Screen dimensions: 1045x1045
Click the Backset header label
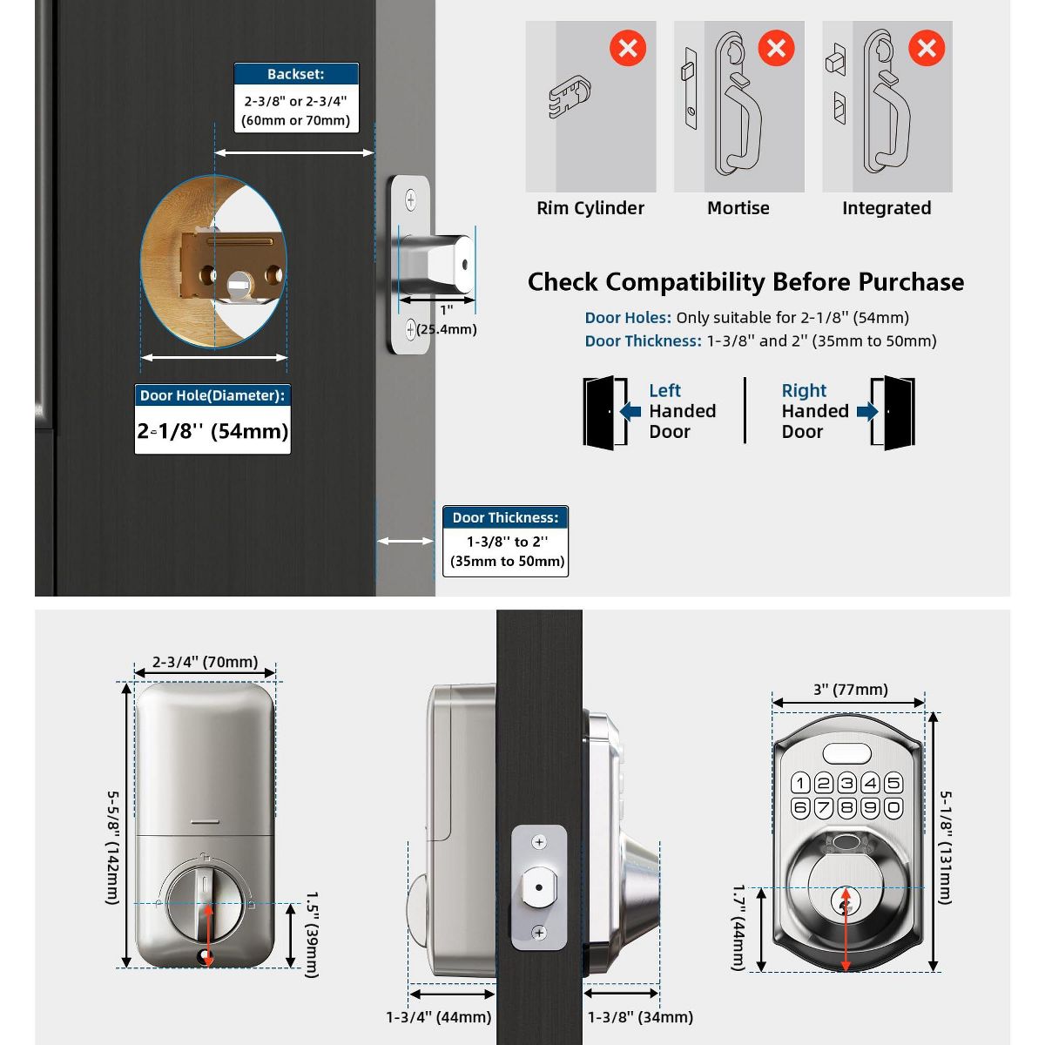coord(296,74)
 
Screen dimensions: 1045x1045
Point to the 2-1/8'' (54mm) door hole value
coord(212,431)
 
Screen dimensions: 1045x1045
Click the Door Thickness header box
coord(505,517)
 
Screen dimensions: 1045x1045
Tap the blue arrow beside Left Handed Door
coord(630,411)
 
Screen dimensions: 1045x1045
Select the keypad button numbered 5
coord(893,783)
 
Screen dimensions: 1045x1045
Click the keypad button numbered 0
coord(893,807)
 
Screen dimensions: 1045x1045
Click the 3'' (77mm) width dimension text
coord(850,690)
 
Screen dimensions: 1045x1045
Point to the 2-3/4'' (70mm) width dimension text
coord(205,662)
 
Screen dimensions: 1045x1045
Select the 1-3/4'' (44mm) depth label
coord(439,1016)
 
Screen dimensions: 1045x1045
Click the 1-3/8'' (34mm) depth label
coord(640,1016)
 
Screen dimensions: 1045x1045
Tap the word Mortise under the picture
coord(738,208)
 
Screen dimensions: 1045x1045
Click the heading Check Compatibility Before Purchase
coord(745,282)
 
